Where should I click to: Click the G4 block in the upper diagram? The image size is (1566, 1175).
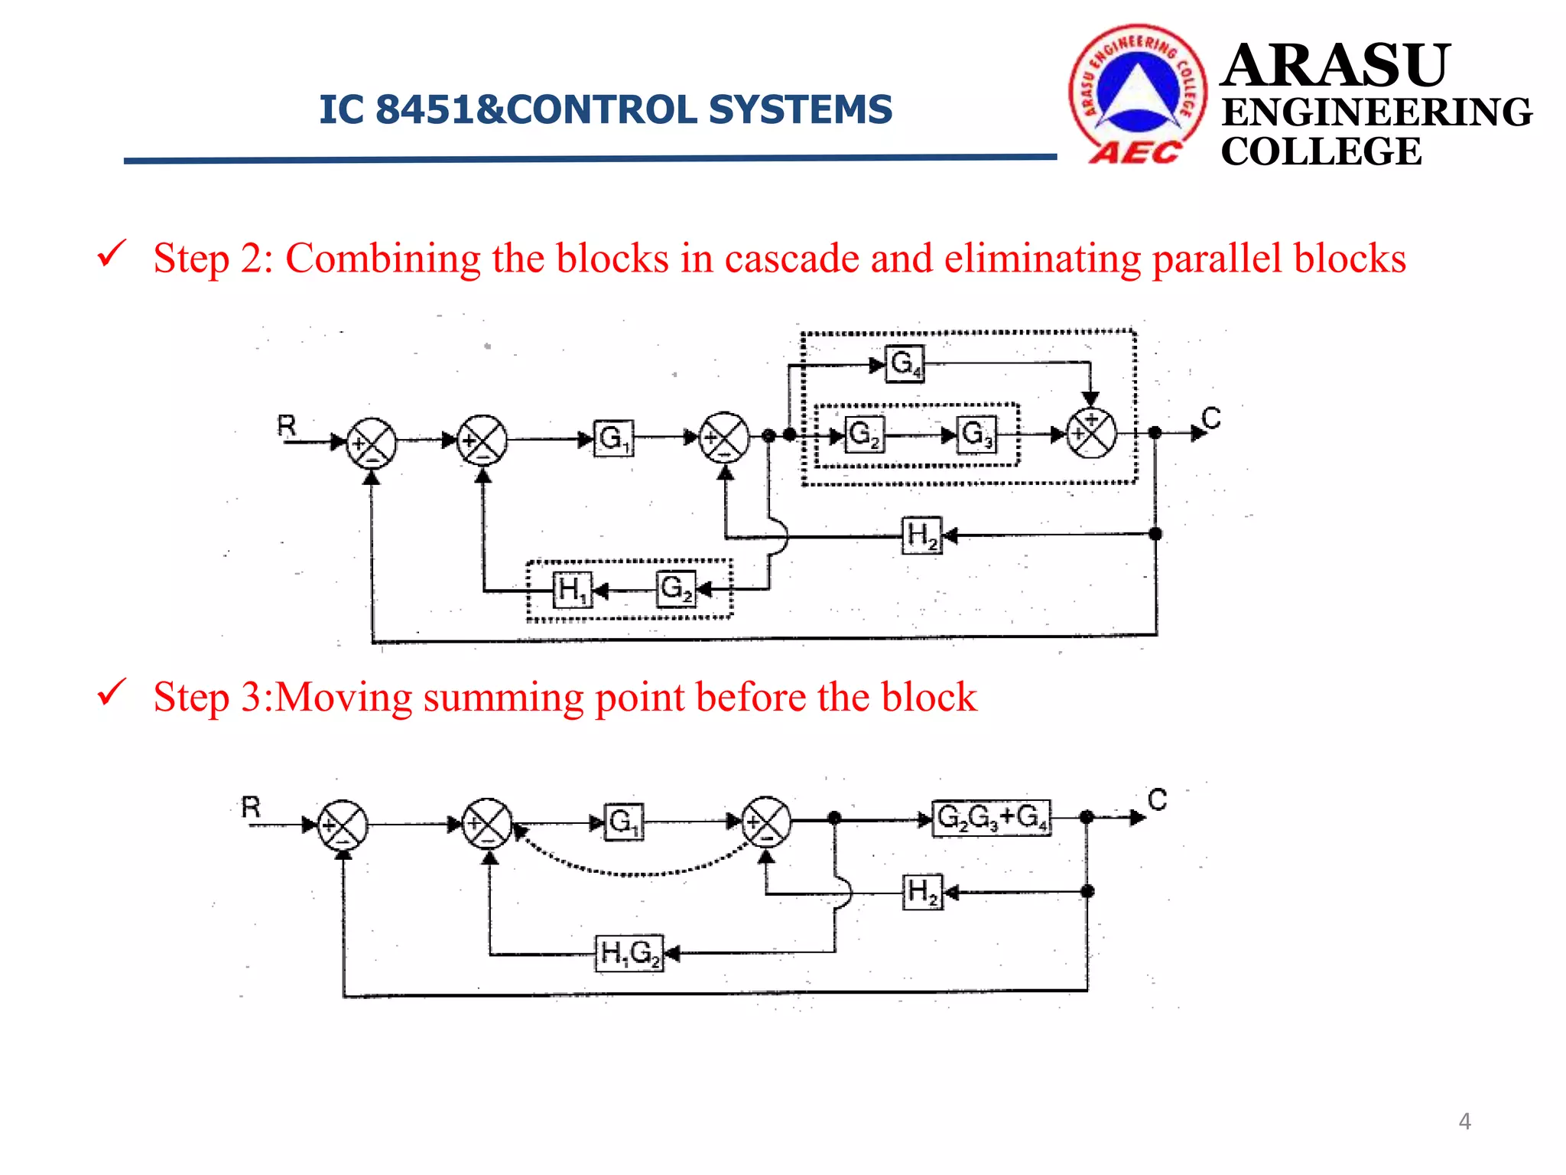click(x=905, y=363)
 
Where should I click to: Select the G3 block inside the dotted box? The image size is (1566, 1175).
click(x=976, y=435)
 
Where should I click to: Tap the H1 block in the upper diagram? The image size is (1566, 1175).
click(x=572, y=590)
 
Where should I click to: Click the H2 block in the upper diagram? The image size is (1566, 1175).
click(x=921, y=536)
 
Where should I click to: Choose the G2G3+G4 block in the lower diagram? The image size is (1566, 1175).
click(x=992, y=819)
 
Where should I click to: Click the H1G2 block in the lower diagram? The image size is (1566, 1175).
click(x=629, y=954)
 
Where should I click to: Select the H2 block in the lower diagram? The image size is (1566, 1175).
click(x=923, y=892)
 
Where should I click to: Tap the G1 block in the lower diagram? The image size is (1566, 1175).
click(x=623, y=822)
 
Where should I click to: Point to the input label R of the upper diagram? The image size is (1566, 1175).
click(x=287, y=425)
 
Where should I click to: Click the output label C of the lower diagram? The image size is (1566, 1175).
click(x=1157, y=800)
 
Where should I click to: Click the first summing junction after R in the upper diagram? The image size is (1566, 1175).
click(x=372, y=442)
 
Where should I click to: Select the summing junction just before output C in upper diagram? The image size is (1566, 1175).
click(x=1091, y=433)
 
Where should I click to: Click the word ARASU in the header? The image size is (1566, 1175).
click(x=1334, y=66)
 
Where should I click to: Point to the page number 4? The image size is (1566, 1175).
click(x=1464, y=1121)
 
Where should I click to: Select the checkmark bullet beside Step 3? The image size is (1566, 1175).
click(x=112, y=692)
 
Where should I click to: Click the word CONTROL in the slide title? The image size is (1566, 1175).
click(x=601, y=109)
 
